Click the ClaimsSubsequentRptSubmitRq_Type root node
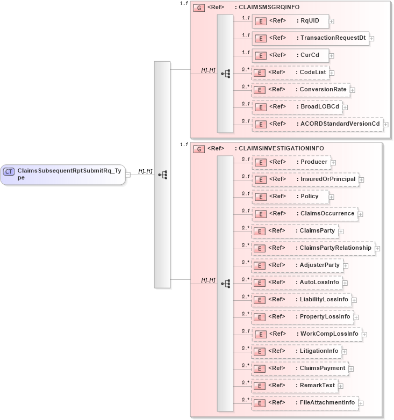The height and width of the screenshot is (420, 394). click(63, 175)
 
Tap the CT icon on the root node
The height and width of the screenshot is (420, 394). click(9, 171)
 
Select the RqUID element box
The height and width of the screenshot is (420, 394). click(290, 21)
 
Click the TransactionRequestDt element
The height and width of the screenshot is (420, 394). click(311, 38)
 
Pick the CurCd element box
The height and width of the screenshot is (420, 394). click(290, 55)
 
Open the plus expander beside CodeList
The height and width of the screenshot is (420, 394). click(332, 73)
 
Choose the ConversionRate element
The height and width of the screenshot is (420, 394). click(300, 90)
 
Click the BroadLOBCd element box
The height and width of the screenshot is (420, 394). click(297, 107)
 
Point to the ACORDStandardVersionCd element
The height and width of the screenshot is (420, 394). click(317, 124)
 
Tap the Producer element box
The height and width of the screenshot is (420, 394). click(291, 162)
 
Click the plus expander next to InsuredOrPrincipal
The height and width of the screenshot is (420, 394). click(361, 179)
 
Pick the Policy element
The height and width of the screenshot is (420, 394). click(290, 197)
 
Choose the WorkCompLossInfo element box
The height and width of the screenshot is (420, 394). click(306, 334)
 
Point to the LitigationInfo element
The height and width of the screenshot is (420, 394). click(296, 351)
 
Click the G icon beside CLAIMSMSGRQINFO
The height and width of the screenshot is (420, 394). click(199, 8)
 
